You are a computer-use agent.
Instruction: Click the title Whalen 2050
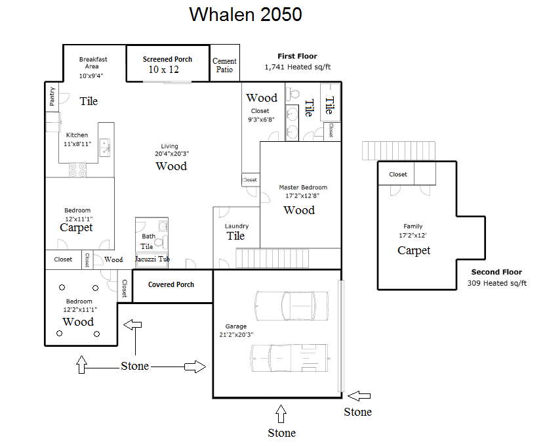pyautogui.click(x=245, y=14)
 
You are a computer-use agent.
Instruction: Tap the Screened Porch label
pyautogui.click(x=167, y=59)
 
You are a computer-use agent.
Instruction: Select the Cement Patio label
pyautogui.click(x=224, y=65)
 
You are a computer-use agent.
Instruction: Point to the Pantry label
pyautogui.click(x=52, y=97)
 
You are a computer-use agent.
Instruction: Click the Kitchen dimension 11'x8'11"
pyautogui.click(x=77, y=144)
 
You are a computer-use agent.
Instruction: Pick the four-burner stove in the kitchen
pyautogui.click(x=77, y=170)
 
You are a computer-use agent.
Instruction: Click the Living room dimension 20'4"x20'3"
pyautogui.click(x=172, y=154)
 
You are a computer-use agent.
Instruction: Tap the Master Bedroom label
pyautogui.click(x=303, y=187)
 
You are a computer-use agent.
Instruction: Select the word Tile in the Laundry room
pyautogui.click(x=235, y=236)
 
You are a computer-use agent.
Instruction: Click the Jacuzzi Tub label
pyautogui.click(x=152, y=259)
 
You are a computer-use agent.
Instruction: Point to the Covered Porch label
pyautogui.click(x=171, y=284)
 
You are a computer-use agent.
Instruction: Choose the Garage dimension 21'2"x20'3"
pyautogui.click(x=236, y=335)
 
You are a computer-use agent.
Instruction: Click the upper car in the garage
pyautogui.click(x=291, y=305)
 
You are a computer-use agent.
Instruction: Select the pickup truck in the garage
pyautogui.click(x=290, y=358)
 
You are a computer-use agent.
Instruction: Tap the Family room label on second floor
pyautogui.click(x=413, y=226)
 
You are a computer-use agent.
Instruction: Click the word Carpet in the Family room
pyautogui.click(x=414, y=250)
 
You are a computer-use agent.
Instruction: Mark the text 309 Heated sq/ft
pyautogui.click(x=496, y=283)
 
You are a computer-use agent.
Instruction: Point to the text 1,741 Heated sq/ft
pyautogui.click(x=298, y=67)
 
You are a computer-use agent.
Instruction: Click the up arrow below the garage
pyautogui.click(x=281, y=414)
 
